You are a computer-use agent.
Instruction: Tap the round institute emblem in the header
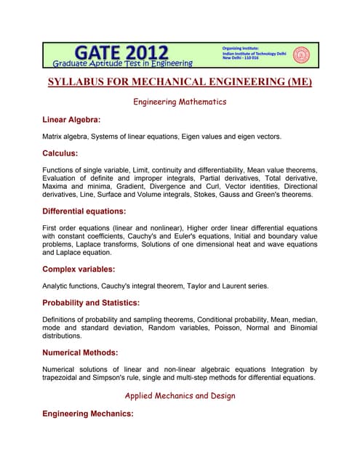coord(300,54)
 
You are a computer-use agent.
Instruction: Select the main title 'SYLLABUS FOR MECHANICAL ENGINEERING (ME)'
coord(180,81)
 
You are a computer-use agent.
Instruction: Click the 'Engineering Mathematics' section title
coord(180,102)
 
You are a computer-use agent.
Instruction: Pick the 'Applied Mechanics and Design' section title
coord(180,396)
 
